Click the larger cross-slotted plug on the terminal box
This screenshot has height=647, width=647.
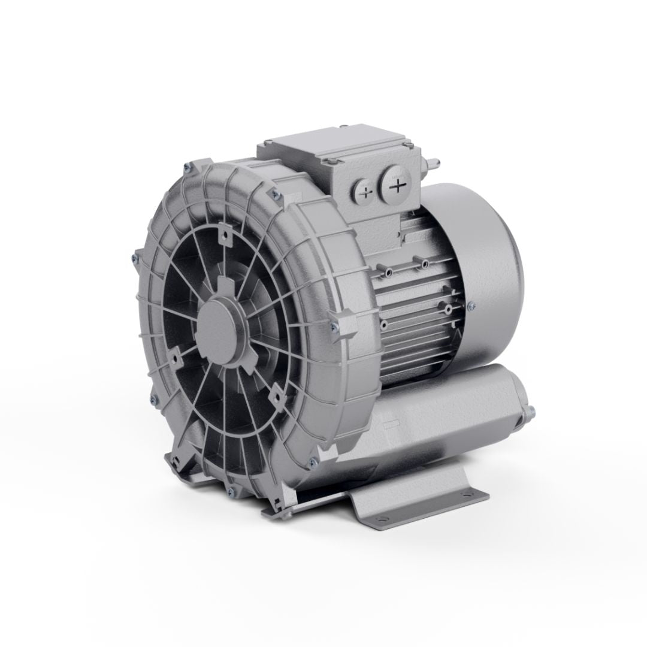[x=396, y=187]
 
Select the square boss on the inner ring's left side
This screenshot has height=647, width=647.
[x=176, y=358]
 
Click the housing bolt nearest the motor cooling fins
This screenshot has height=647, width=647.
[x=334, y=326]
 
